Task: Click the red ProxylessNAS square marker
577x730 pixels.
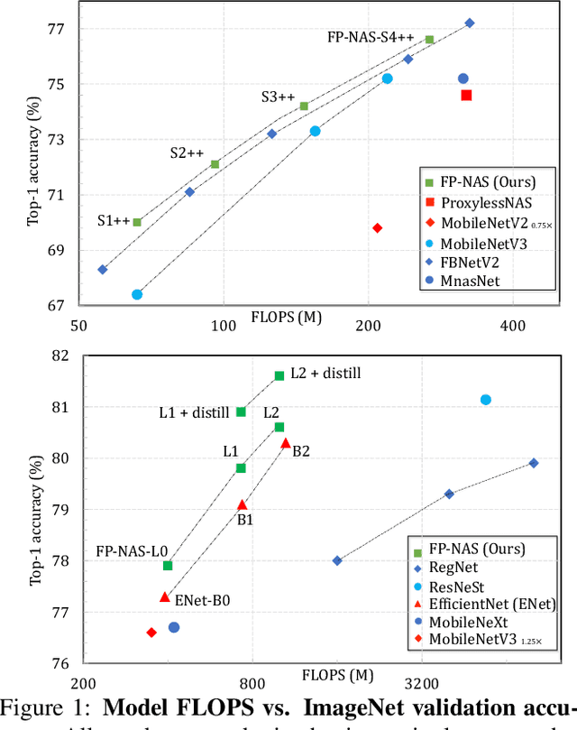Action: pos(466,95)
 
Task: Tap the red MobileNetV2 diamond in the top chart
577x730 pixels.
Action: pos(377,227)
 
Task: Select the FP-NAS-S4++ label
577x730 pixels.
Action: pos(371,38)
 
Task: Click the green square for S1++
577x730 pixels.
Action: pos(137,222)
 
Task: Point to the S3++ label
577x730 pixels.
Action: pos(279,97)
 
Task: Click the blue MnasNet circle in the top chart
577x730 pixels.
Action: pos(463,79)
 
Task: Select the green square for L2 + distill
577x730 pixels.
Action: pos(279,375)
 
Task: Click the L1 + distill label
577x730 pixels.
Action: pos(194,412)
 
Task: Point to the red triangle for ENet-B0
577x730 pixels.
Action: pos(164,596)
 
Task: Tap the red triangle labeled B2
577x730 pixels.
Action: pos(286,442)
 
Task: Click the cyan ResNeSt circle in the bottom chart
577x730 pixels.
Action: pos(485,400)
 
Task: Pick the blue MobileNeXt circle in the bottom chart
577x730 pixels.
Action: pos(174,627)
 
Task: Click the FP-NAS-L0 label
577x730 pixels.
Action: pos(132,550)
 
